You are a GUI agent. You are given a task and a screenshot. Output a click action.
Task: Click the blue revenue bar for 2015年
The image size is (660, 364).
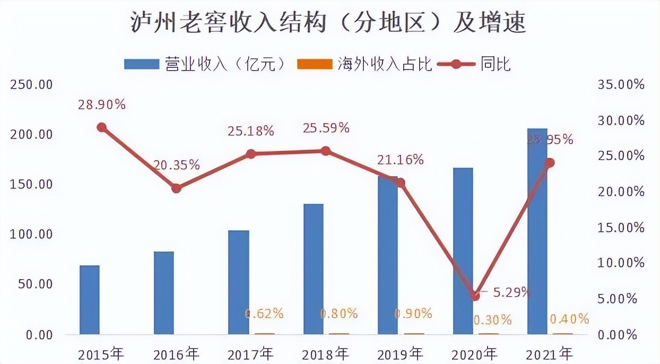point(90,300)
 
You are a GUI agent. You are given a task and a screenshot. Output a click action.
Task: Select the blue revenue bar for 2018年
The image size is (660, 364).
point(314,269)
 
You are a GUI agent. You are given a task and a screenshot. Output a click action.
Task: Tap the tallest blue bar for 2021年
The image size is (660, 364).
point(537,231)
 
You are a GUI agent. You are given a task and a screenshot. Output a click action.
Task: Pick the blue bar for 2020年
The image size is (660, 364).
point(463,251)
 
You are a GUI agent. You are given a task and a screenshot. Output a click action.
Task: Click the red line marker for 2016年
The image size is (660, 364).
point(177,188)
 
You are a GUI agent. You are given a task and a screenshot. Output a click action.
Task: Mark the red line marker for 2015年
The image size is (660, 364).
point(102,127)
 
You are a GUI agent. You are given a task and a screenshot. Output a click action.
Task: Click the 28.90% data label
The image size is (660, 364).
point(102,105)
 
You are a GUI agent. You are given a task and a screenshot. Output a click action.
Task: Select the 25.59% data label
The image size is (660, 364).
point(326,128)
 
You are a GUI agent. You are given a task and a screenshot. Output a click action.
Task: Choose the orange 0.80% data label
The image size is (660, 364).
point(339,314)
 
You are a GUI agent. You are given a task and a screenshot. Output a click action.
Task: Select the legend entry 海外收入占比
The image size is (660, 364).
point(366,64)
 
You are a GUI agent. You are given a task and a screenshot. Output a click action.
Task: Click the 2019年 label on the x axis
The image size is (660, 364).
point(400,353)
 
